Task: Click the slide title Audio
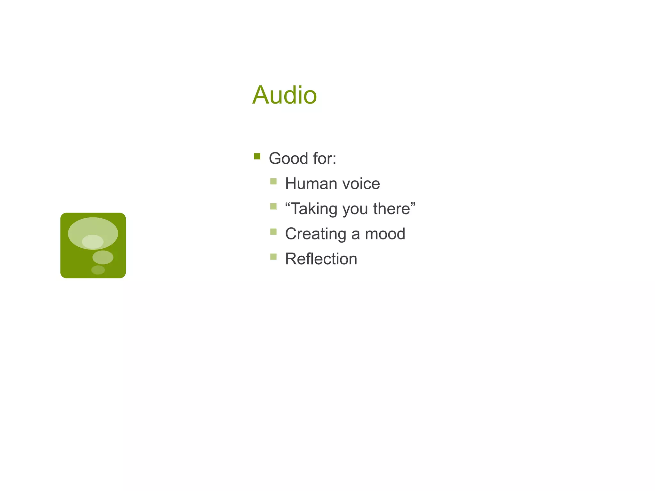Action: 284,95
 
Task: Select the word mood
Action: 385,234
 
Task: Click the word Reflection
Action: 321,259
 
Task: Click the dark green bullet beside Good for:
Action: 257,156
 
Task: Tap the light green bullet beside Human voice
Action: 273,182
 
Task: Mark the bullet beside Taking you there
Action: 273,207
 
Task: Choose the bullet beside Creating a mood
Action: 273,231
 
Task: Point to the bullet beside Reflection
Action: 273,257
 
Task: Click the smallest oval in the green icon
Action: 98,270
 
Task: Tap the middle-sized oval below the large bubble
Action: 103,257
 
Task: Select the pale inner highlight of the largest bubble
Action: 93,242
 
